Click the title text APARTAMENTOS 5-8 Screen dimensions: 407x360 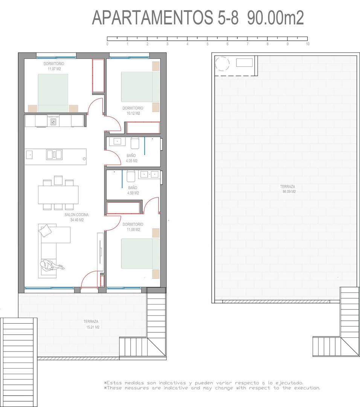165,18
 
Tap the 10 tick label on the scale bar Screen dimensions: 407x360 308,44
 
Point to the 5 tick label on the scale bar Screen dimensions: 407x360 207,44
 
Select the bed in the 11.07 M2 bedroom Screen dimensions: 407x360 53,92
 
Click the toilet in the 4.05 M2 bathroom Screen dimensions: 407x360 134,143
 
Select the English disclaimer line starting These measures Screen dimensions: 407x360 212,388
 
